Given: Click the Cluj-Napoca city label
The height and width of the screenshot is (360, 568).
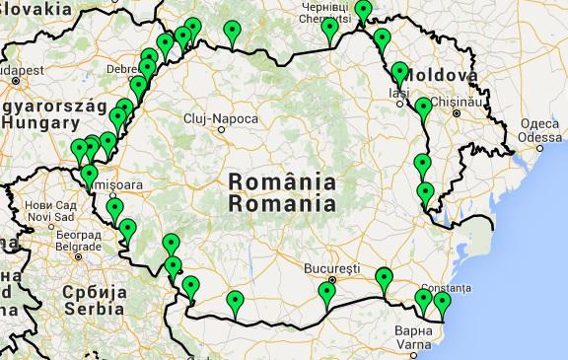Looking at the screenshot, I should [x=221, y=119].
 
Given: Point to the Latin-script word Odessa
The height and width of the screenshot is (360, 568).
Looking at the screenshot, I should [x=540, y=138].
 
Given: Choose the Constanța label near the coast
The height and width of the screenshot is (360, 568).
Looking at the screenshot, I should [x=441, y=286].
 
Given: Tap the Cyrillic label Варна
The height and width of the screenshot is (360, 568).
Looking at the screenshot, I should [x=418, y=330].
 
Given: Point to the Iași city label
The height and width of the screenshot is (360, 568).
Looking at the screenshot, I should [x=398, y=94].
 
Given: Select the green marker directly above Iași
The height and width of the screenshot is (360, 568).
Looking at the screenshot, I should [x=399, y=72].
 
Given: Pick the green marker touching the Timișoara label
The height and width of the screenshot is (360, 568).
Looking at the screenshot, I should [x=90, y=176].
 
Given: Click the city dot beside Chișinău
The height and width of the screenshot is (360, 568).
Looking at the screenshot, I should [x=457, y=112].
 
